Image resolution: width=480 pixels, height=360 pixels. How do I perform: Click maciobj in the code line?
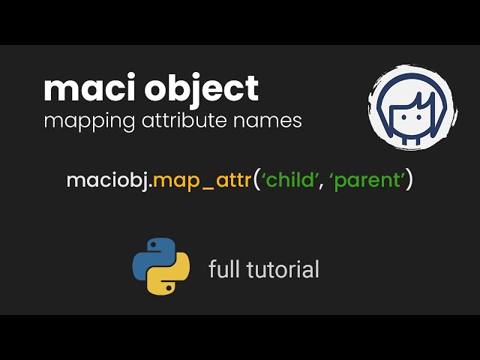coord(105,181)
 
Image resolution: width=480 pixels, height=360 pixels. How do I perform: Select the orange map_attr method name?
coord(204,181)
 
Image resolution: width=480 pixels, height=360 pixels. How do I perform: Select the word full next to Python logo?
coord(223,268)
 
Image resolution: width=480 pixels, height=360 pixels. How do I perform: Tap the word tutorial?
coord(282,268)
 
